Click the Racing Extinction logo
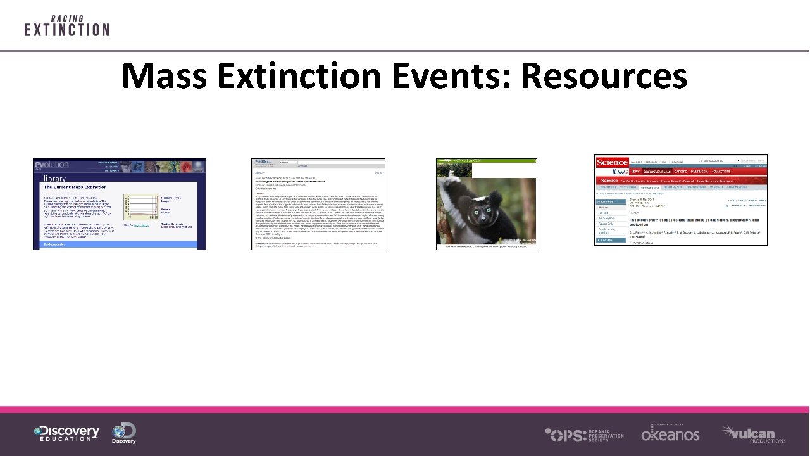[66, 26]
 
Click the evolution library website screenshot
[120, 204]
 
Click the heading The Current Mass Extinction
[75, 187]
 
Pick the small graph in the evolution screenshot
[139, 206]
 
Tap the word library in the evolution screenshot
[54, 179]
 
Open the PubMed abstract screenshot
[318, 204]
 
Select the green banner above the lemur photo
[486, 161]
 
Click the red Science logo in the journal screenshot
[612, 163]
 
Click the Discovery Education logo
[66, 434]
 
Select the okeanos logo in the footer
[670, 434]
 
